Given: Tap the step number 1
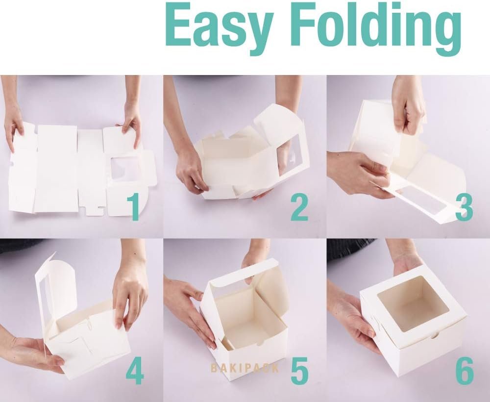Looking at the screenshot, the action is pos(134,206).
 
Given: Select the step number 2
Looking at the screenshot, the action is pos(299,206).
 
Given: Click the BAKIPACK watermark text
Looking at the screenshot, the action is pos(245,368).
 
